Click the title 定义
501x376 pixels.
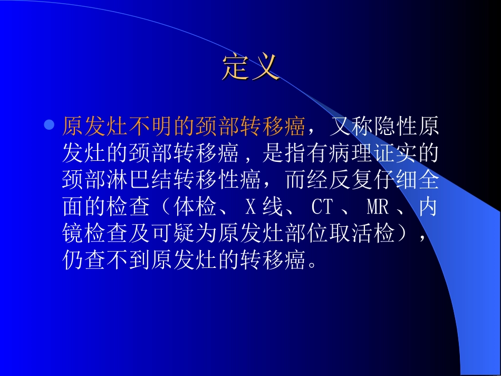tap(250, 68)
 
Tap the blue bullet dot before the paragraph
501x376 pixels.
tap(49, 126)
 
